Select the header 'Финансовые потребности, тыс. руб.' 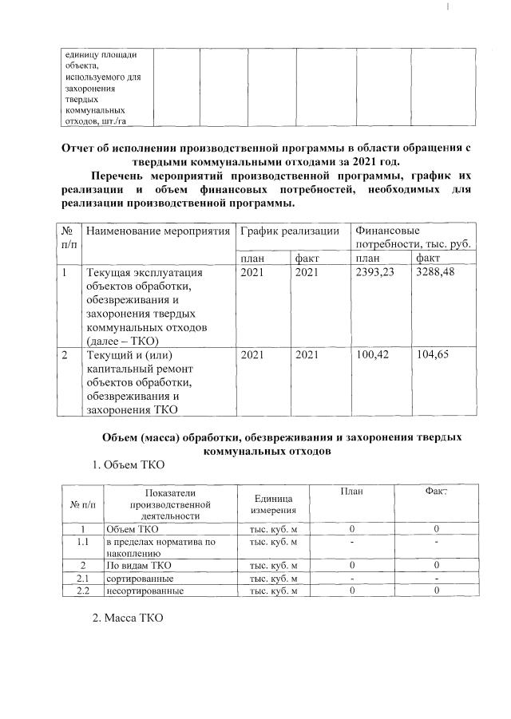[x=412, y=237]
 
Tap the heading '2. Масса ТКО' [x=127, y=618]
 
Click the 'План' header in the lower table [x=351, y=492]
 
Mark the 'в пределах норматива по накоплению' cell [x=160, y=547]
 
